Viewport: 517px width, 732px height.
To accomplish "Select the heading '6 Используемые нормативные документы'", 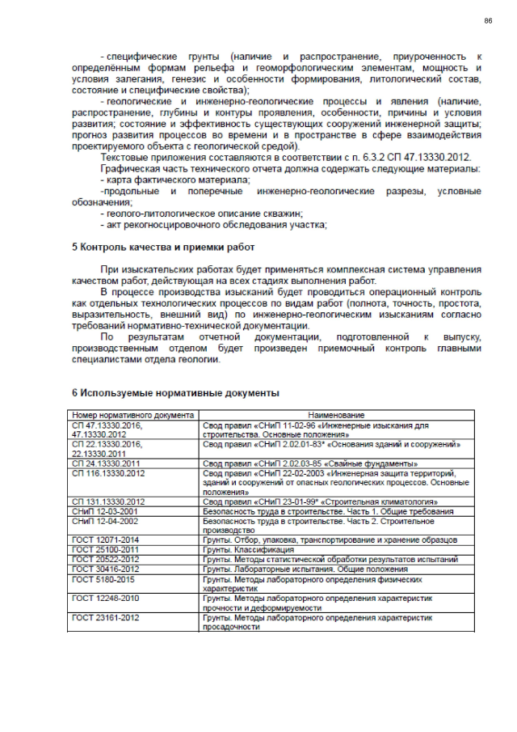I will coord(175,393).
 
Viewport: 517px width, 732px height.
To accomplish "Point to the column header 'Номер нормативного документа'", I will coord(131,415).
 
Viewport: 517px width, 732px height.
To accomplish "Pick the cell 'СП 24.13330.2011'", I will coord(107,463).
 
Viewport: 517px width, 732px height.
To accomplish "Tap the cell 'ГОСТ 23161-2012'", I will coord(104,617).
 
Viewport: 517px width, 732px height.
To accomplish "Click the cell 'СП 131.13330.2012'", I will coord(108,501).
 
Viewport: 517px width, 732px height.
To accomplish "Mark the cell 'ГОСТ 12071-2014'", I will coord(104,539).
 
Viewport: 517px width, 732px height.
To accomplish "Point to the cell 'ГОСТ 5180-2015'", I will coord(103,579).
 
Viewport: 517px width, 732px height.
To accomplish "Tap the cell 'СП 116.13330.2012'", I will coord(108,473).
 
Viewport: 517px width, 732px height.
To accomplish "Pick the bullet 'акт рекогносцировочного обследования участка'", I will coord(214,224).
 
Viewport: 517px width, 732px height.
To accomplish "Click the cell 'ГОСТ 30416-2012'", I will coord(104,569).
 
